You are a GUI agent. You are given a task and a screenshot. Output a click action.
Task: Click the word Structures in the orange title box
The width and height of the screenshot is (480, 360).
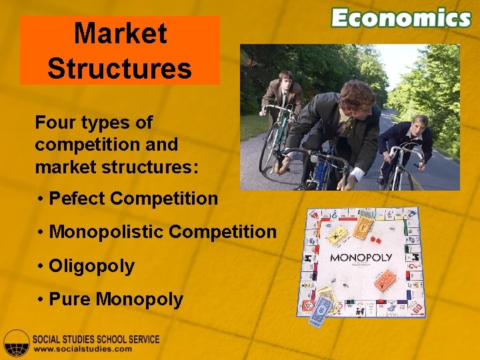pyautogui.click(x=120, y=68)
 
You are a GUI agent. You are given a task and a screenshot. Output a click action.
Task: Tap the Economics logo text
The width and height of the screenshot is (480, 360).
pyautogui.click(x=401, y=17)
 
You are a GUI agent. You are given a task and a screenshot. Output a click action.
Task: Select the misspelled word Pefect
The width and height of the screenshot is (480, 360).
pyautogui.click(x=78, y=199)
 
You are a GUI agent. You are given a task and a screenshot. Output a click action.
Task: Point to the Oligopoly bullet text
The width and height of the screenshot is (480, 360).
pyautogui.click(x=92, y=266)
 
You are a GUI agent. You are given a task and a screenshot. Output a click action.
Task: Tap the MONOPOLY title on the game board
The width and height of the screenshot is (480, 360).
pyautogui.click(x=361, y=257)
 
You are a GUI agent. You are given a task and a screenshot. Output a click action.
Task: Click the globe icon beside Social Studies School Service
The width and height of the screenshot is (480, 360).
pyautogui.click(x=16, y=343)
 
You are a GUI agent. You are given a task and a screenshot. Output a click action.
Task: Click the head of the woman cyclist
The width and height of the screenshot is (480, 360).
pyautogui.click(x=420, y=123)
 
